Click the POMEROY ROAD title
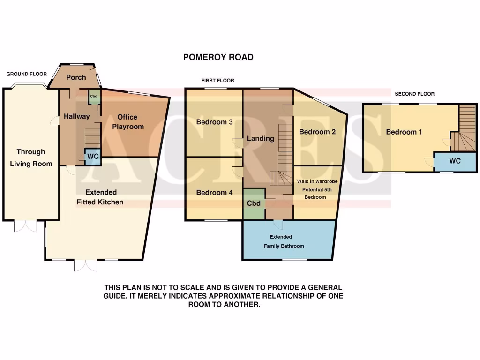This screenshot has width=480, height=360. (218, 57)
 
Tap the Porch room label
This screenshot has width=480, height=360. (76, 77)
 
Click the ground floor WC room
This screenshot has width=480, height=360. (93, 156)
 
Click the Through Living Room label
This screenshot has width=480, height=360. (31, 158)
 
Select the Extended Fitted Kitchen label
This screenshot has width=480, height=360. (101, 197)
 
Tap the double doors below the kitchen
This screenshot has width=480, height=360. (86, 266)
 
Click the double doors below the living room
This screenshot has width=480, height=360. (25, 226)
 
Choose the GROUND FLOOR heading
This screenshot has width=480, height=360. (27, 74)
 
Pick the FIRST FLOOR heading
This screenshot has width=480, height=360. (217, 81)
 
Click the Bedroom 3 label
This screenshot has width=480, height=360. (214, 122)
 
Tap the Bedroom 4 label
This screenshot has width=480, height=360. (214, 193)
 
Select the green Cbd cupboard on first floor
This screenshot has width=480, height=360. (254, 203)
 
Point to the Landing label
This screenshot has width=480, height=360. (261, 138)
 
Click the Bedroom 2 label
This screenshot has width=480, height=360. (317, 132)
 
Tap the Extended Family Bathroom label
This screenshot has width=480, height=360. (284, 241)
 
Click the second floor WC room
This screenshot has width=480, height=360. (455, 161)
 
